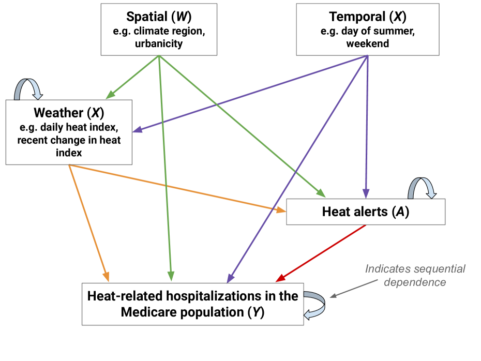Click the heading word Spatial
pyautogui.click(x=144, y=17)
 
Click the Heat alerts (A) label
pyautogui.click(x=365, y=212)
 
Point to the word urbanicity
pyautogui.click(x=159, y=43)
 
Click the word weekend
pyautogui.click(x=367, y=43)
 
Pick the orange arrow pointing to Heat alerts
pyautogui.click(x=176, y=188)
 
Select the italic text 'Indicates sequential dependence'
pyautogui.click(x=415, y=275)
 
